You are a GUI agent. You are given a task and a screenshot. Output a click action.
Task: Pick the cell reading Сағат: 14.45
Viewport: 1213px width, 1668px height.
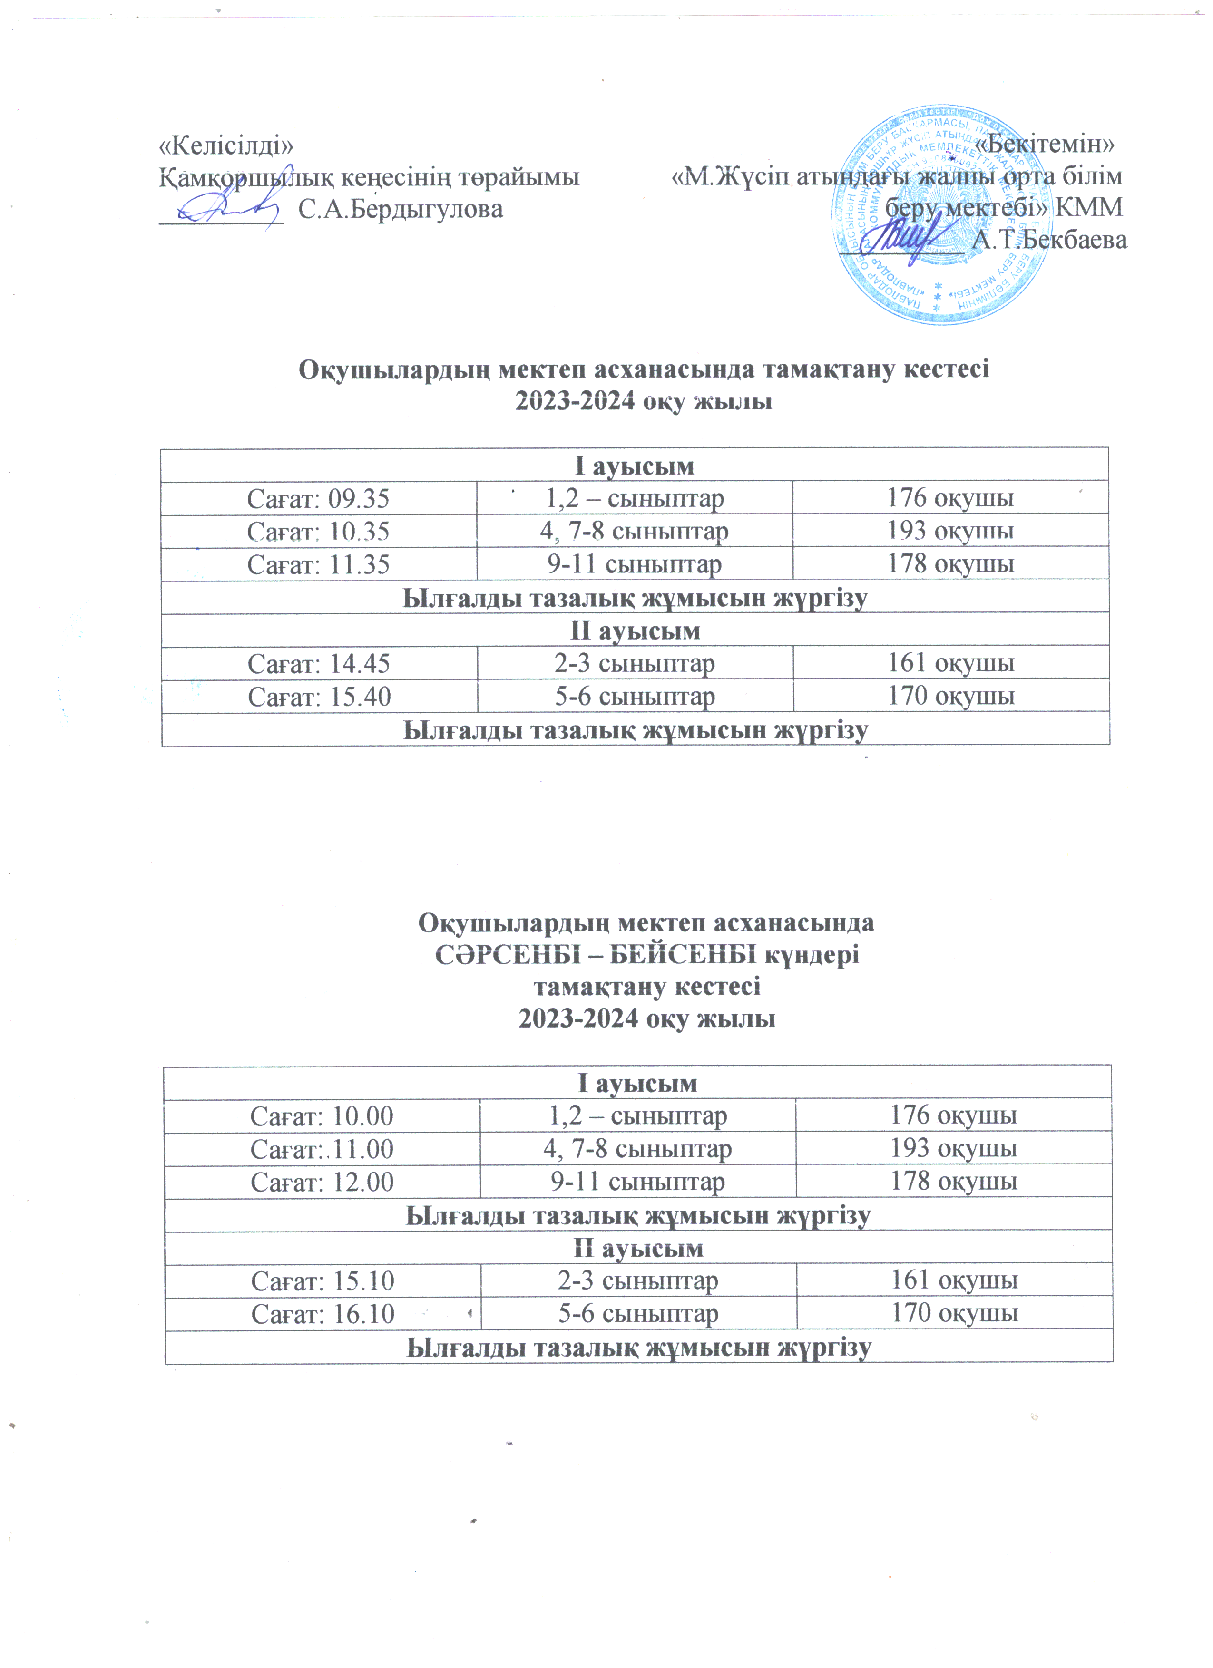[319, 663]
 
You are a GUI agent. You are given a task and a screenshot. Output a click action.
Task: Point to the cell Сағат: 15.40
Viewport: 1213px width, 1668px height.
[319, 696]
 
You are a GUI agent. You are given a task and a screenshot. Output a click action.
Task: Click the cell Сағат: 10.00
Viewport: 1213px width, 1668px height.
[322, 1115]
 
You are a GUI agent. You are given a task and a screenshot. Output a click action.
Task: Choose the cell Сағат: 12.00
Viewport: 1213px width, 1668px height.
[322, 1181]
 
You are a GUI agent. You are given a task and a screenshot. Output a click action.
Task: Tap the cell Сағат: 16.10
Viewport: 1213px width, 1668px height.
[322, 1313]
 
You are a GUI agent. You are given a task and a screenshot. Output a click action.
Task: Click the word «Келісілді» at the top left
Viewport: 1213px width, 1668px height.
[226, 145]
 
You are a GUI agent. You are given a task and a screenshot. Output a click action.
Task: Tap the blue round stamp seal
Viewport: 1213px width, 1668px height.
[941, 215]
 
